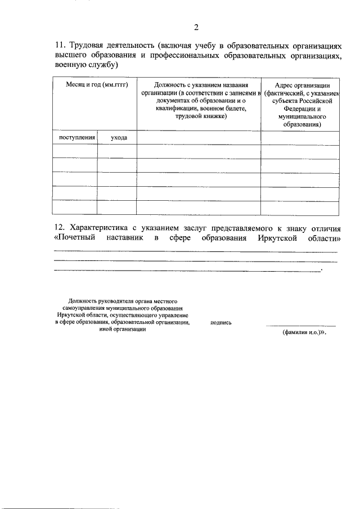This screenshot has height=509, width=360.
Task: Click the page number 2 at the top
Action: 196,27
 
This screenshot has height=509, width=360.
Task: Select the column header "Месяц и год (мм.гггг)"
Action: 94,84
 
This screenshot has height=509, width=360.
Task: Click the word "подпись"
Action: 220,323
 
